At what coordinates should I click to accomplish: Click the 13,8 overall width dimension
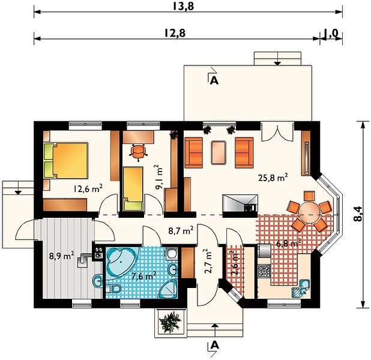tap(183, 6)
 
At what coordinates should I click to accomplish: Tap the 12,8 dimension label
tap(175, 33)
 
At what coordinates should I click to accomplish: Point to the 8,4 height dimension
tap(358, 214)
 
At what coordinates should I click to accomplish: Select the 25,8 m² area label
tap(273, 178)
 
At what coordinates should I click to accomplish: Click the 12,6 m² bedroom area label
tap(88, 189)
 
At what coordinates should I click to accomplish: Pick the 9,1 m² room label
tap(158, 178)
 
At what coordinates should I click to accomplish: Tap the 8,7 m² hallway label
tap(181, 230)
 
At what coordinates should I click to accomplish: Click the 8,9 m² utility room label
tap(61, 256)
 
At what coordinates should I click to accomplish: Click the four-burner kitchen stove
tap(264, 271)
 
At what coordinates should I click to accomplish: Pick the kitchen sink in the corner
tap(301, 288)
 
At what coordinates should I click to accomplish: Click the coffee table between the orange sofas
tap(219, 152)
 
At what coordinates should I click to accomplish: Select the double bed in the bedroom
tap(66, 160)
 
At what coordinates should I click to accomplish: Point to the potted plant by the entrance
tap(170, 322)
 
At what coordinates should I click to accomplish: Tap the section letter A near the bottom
tap(214, 346)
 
